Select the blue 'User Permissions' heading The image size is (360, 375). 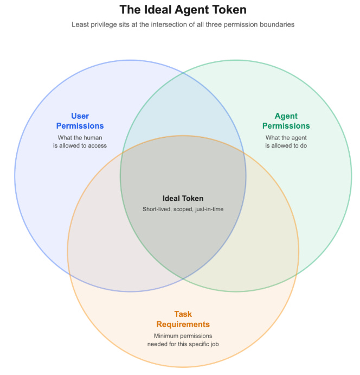click(x=80, y=121)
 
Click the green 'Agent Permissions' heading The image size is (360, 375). click(x=286, y=121)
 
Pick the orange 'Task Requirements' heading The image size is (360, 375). click(x=183, y=319)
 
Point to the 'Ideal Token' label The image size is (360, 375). click(x=183, y=199)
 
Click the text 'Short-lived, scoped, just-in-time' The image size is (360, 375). click(x=183, y=209)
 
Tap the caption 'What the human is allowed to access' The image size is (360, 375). click(x=80, y=142)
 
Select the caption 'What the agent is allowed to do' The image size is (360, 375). click(x=286, y=142)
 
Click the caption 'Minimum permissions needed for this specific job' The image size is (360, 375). click(x=183, y=340)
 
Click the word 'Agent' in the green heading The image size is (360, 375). click(x=286, y=116)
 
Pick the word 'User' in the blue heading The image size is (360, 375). click(x=80, y=116)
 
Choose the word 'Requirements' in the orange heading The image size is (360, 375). click(x=183, y=325)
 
